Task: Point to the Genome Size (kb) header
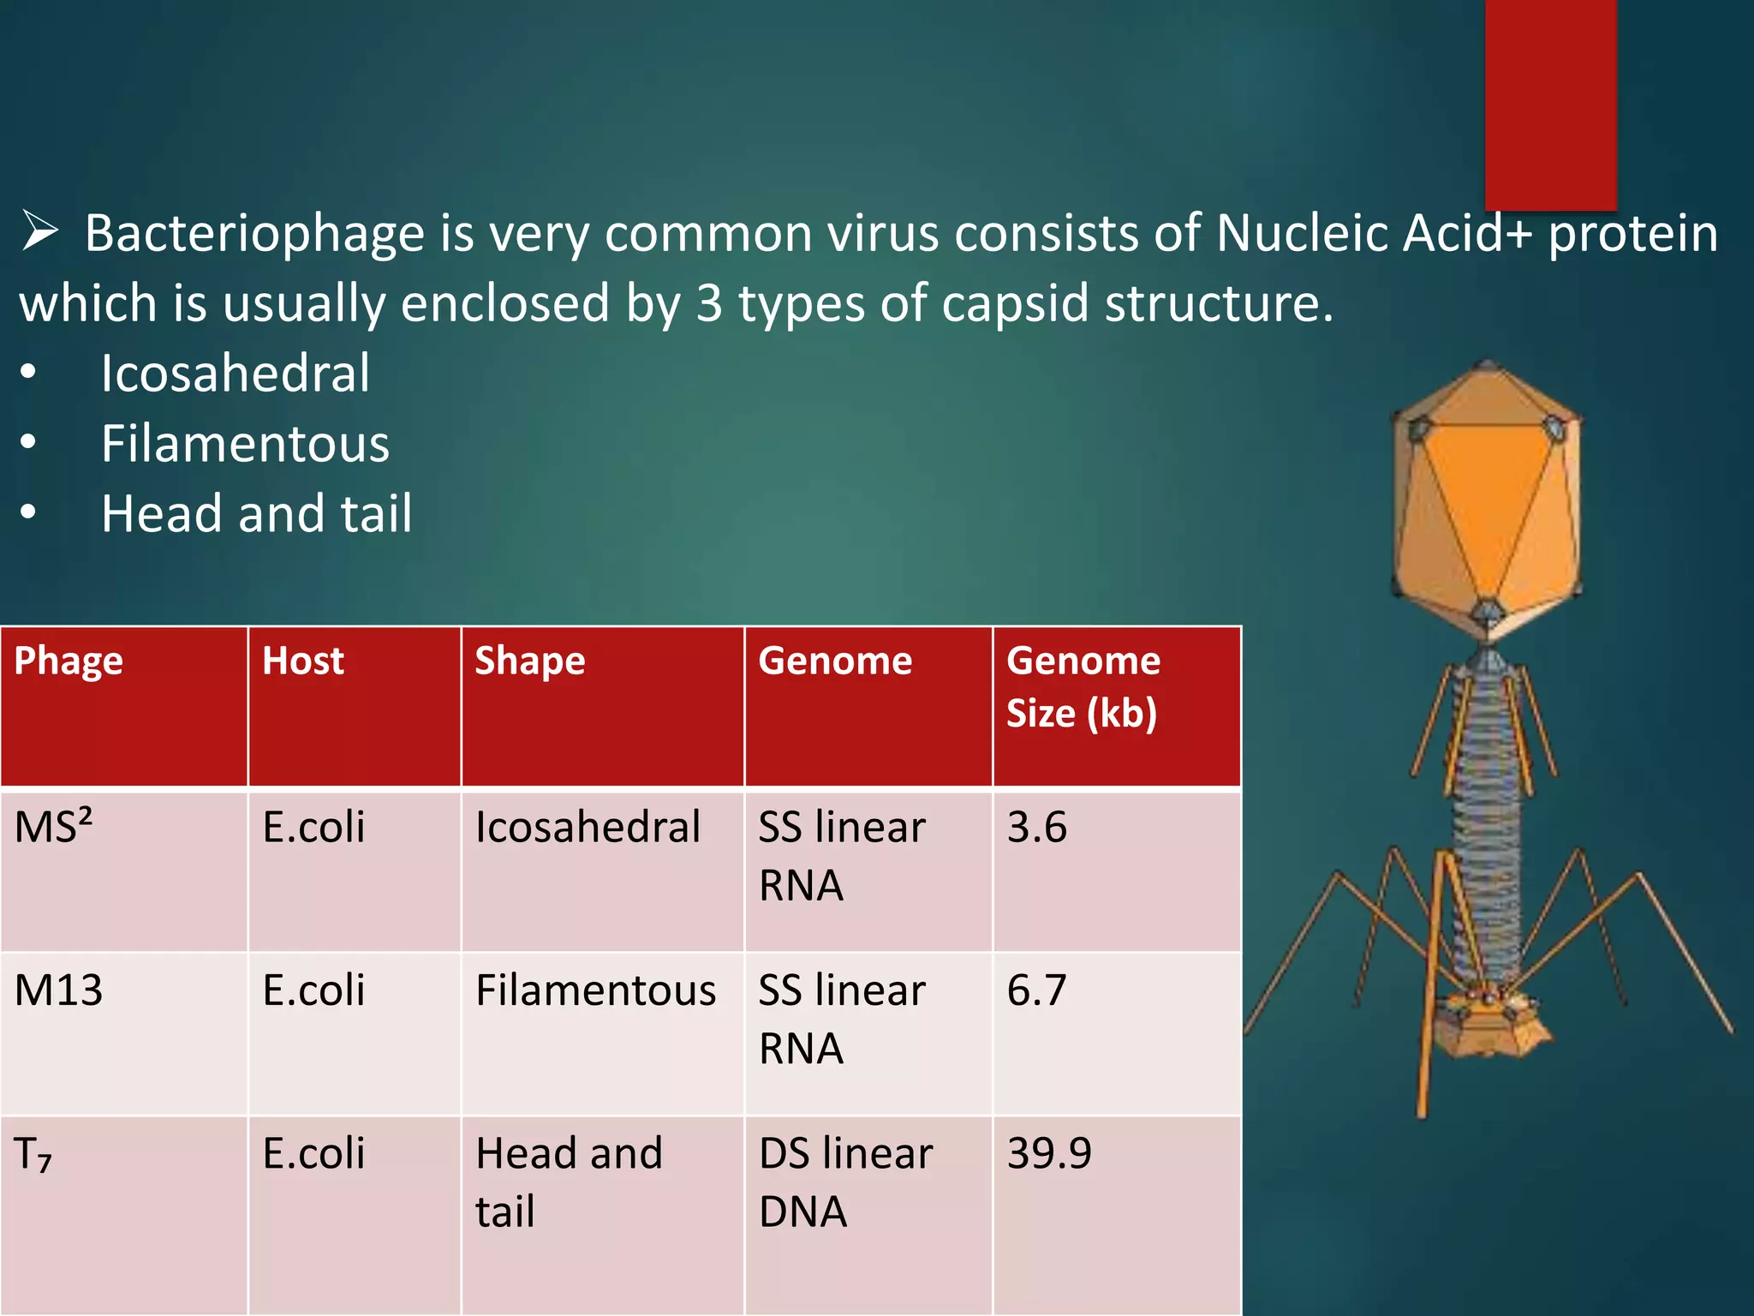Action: [x=1083, y=687]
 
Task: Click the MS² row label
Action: [x=53, y=828]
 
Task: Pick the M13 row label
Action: [x=58, y=991]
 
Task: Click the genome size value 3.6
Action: [x=1036, y=828]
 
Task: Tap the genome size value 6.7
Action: [x=1036, y=991]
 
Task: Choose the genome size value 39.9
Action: [x=1049, y=1154]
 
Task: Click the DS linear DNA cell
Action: [x=844, y=1182]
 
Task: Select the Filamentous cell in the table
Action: [x=595, y=991]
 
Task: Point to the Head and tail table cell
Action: [x=569, y=1182]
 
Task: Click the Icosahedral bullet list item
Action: [x=236, y=374]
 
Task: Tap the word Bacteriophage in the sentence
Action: [x=254, y=233]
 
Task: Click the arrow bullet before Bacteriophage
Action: [x=39, y=231]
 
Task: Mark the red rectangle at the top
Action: [x=1550, y=103]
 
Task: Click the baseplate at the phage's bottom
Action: [x=1490, y=1024]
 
